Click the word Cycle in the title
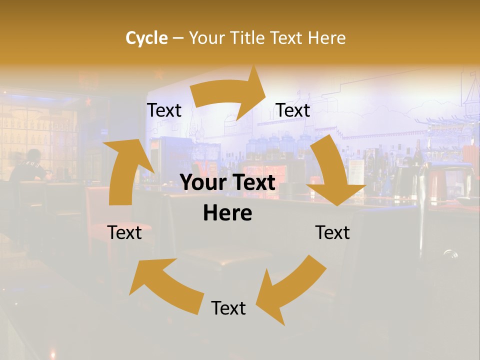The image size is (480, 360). click(146, 38)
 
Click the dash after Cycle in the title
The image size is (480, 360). click(178, 38)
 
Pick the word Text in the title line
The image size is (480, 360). click(287, 38)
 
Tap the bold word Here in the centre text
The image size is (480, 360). click(227, 213)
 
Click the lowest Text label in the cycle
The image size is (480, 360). click(228, 308)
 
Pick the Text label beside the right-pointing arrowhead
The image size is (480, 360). click(293, 110)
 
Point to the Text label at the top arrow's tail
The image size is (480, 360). click(164, 110)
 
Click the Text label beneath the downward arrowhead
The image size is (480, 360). click(332, 232)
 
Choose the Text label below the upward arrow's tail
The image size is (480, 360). click(124, 232)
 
